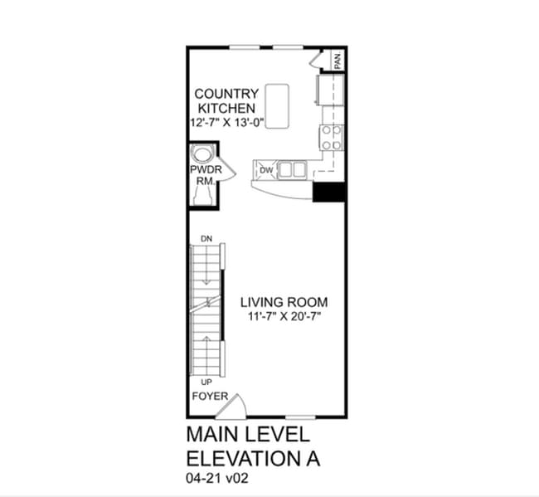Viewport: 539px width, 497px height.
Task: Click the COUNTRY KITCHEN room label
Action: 226,100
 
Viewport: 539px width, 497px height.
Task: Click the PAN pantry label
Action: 337,61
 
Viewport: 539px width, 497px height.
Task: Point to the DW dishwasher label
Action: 266,170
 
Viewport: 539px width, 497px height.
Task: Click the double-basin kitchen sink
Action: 291,170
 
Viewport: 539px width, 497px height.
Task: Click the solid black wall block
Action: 328,191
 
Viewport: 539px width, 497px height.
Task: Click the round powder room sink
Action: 202,155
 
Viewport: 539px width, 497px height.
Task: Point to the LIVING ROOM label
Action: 284,302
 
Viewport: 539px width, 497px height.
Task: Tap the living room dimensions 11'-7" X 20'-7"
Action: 284,317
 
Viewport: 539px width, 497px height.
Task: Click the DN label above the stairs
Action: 206,239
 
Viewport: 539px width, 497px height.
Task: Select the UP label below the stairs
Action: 206,382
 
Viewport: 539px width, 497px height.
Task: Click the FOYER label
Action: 210,396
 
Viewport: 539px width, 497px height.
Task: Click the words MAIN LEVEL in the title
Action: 248,434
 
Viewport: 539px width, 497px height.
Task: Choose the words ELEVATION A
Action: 253,458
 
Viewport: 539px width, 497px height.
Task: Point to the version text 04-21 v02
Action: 217,479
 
